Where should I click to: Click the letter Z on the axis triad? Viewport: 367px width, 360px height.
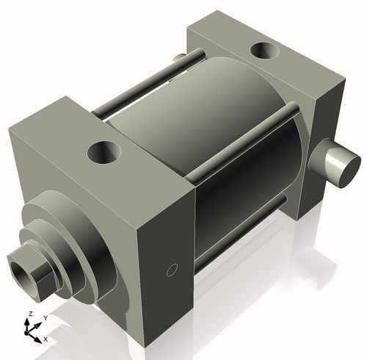[29, 314]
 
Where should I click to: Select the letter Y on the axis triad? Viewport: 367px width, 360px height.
[45, 317]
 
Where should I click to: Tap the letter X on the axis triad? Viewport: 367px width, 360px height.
[46, 339]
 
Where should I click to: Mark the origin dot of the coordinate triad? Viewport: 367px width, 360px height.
[31, 331]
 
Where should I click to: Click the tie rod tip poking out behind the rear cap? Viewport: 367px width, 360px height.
[177, 58]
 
